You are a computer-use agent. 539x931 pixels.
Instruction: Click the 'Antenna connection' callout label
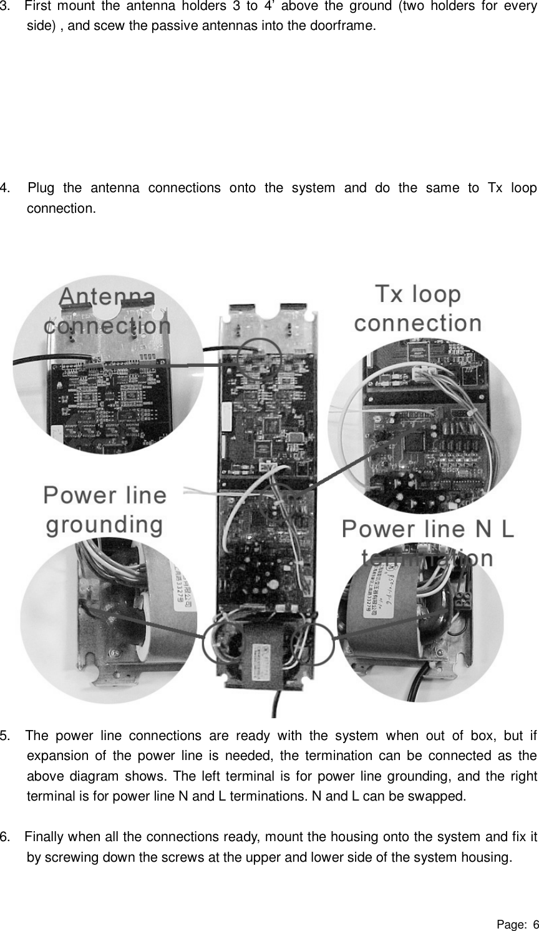pyautogui.click(x=107, y=311)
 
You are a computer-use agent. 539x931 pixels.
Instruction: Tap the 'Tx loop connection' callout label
pyautogui.click(x=418, y=308)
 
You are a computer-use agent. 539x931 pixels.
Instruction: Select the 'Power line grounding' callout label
pyautogui.click(x=105, y=510)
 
